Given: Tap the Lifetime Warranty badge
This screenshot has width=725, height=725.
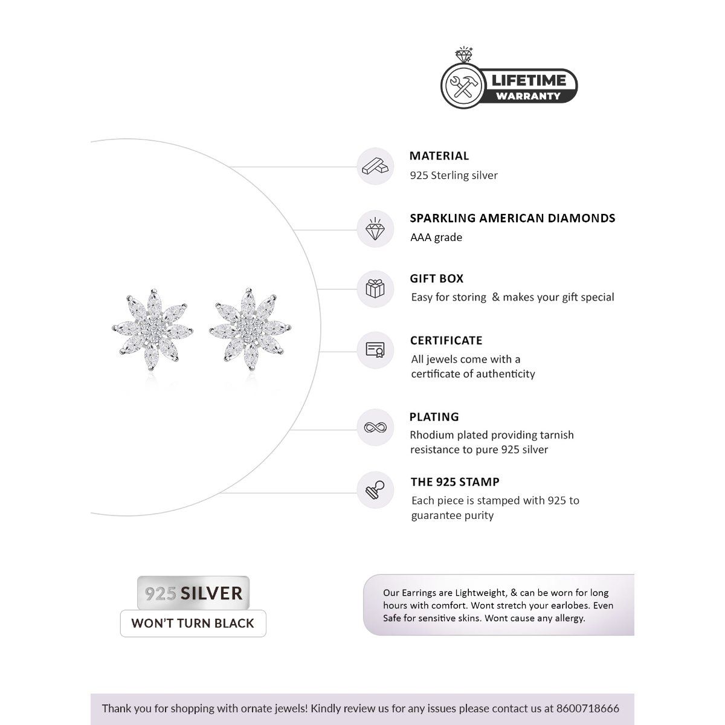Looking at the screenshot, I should [x=509, y=86].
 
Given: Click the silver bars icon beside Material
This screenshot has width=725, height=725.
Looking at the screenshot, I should [x=375, y=167].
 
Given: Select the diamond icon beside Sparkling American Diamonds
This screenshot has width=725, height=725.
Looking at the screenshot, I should [x=375, y=229].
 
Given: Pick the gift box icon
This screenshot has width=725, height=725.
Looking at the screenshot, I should [x=375, y=288].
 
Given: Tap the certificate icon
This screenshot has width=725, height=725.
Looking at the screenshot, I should [x=375, y=350].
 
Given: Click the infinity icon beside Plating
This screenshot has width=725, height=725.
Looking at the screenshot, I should [x=375, y=428].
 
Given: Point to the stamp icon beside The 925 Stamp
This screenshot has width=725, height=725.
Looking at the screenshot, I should [x=375, y=490].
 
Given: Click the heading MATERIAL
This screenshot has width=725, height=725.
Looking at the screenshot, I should [x=439, y=156].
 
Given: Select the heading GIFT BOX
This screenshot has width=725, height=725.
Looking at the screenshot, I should [x=437, y=279].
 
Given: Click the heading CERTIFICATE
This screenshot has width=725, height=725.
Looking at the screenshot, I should [x=446, y=341].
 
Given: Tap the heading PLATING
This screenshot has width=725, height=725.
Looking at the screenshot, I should [x=434, y=417].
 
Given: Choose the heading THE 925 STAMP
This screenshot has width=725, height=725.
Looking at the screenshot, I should [x=455, y=482].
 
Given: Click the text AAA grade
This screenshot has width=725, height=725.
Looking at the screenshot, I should [x=436, y=237].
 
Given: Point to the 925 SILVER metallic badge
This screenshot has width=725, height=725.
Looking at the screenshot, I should [x=193, y=593].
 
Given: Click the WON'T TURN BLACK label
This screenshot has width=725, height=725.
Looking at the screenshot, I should [x=193, y=623].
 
